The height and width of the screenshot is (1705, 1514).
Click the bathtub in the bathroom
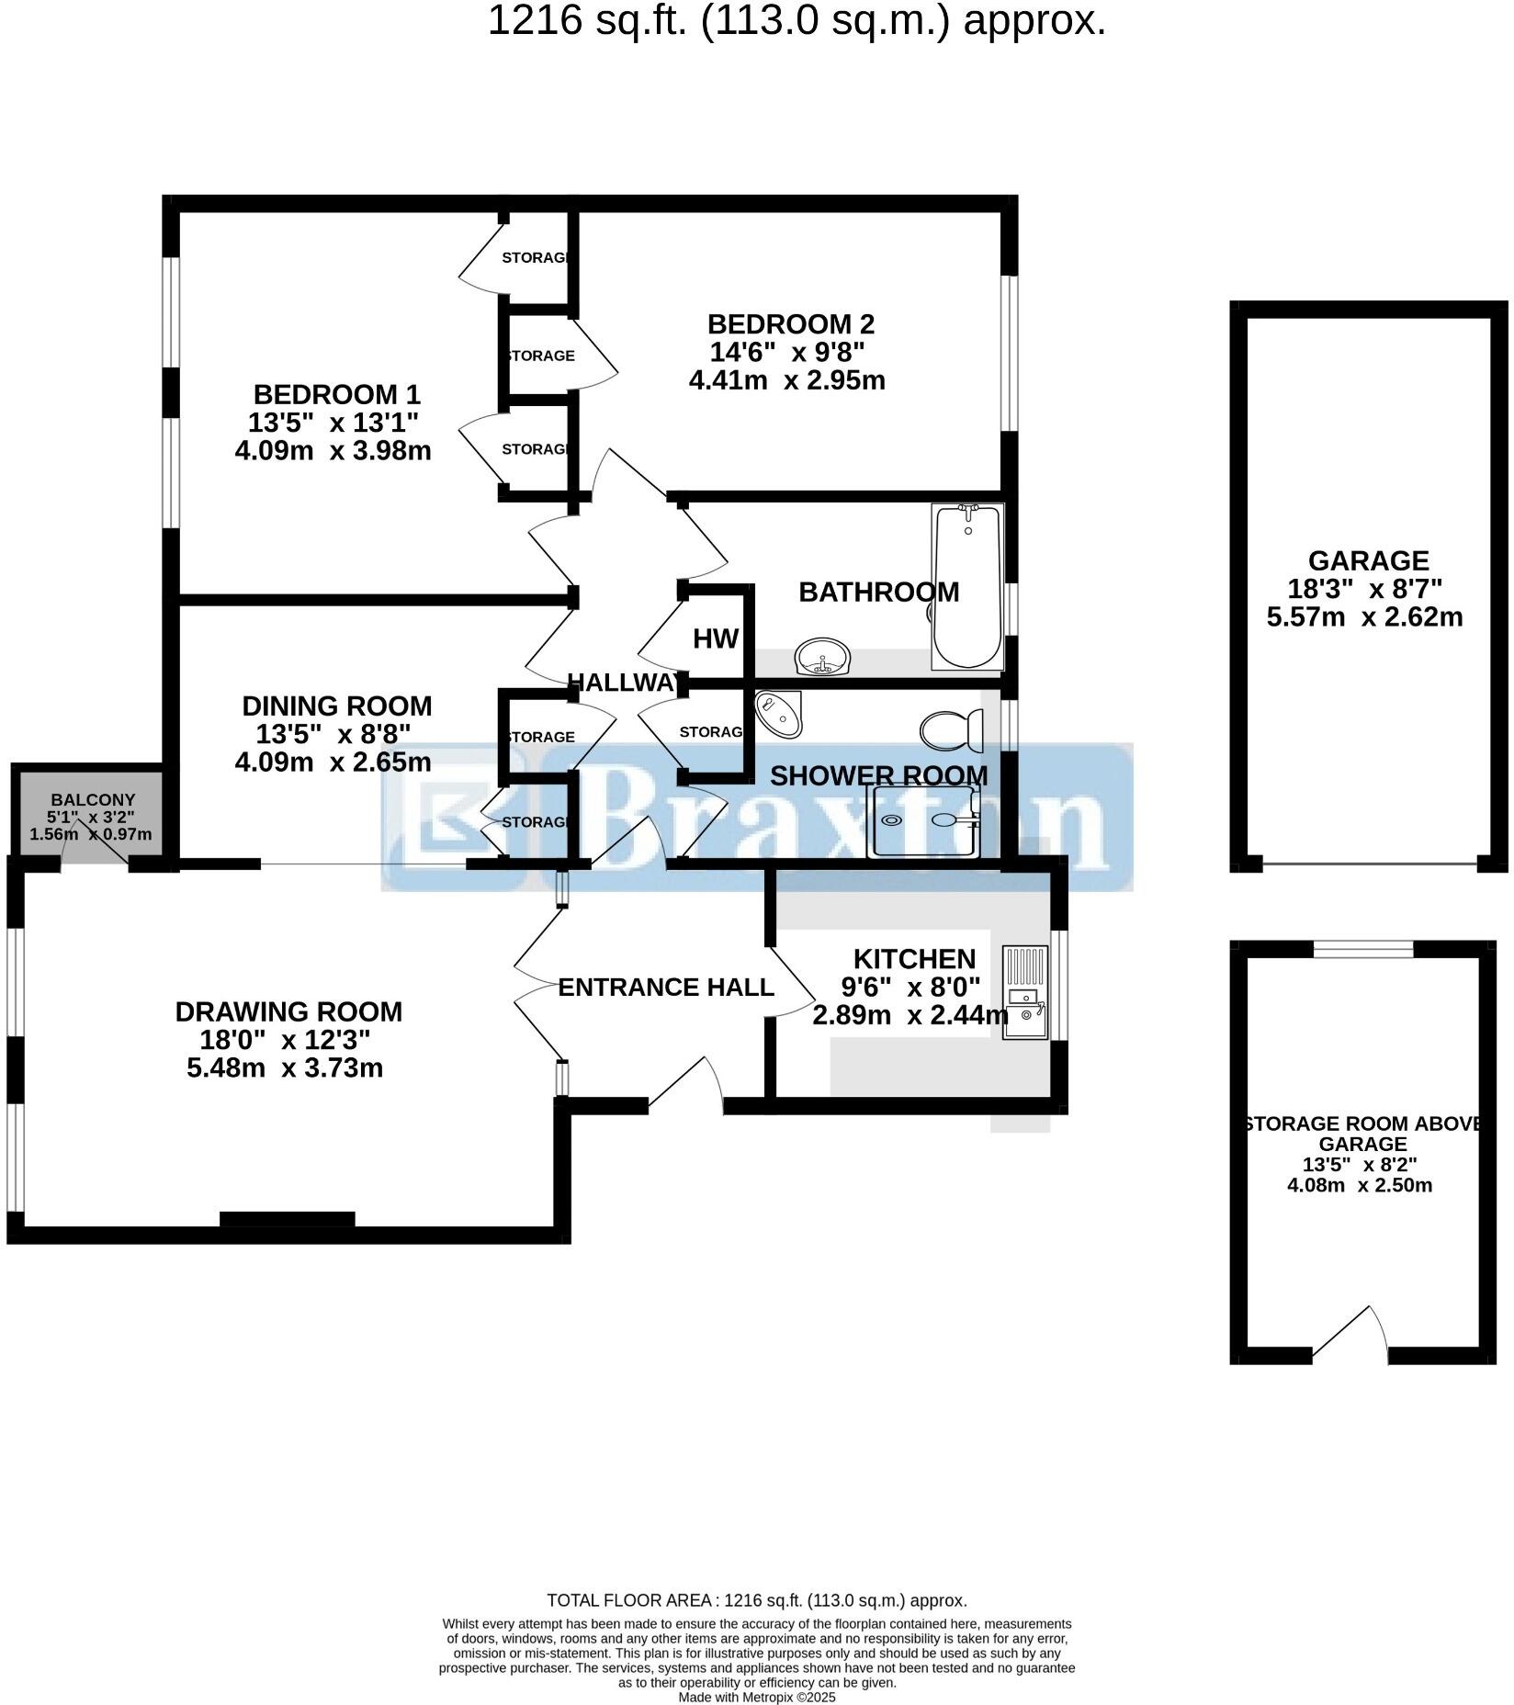967,588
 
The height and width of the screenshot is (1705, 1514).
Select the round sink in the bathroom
823,658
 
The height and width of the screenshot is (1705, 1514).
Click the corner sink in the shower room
779,713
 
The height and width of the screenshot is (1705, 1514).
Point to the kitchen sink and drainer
1025,993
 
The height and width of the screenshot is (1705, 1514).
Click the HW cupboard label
716,639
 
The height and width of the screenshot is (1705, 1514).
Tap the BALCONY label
93,800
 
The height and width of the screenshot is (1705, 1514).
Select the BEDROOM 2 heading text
790,324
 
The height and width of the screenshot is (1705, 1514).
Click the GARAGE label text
1368,560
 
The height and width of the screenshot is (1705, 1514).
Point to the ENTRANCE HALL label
666,988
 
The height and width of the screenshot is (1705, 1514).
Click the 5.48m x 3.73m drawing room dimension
285,1068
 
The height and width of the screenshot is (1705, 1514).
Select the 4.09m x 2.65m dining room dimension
333,762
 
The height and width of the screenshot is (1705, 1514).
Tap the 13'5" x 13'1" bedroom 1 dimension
333,423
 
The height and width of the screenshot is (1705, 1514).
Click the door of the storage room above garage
1351,1333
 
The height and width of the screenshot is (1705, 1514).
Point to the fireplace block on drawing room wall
288,1219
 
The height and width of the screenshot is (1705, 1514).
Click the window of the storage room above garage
1362,949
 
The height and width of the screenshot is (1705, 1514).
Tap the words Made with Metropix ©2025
756,1698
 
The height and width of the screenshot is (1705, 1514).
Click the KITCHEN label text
914,959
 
